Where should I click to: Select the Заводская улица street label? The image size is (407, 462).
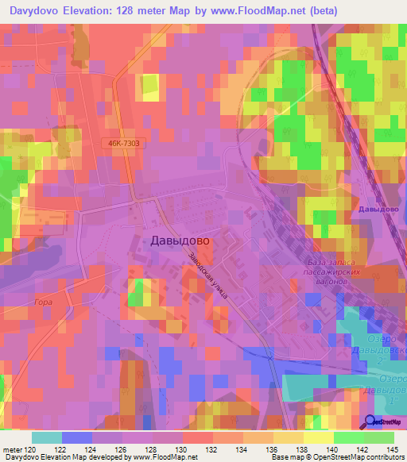tap(209, 274)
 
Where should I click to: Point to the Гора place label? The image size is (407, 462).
tap(44, 303)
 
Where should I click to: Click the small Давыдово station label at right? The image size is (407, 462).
tap(378, 209)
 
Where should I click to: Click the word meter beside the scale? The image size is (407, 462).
tap(12, 449)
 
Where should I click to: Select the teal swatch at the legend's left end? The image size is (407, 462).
tap(46, 437)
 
